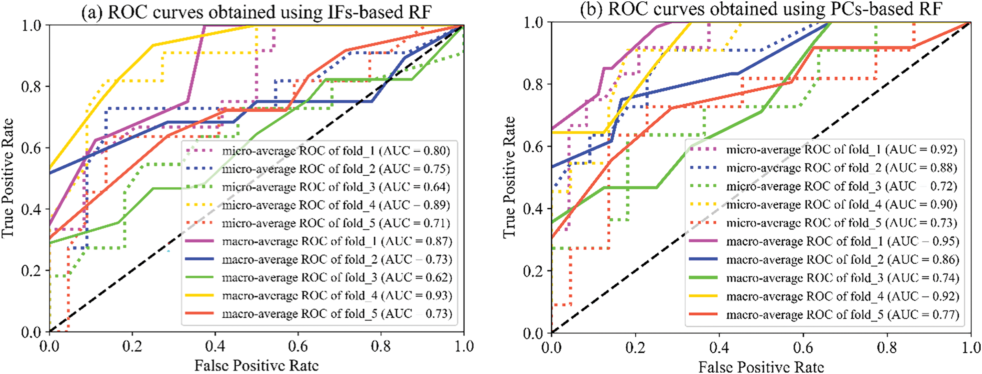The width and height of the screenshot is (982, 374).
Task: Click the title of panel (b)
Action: tap(760, 9)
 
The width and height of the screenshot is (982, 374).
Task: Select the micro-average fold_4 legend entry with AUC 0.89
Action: tap(336, 205)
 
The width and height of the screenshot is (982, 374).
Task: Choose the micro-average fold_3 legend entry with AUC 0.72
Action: tap(841, 186)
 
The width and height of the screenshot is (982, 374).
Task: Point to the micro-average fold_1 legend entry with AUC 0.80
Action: tap(336, 151)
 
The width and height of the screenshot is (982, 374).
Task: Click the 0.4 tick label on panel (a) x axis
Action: tap(215, 347)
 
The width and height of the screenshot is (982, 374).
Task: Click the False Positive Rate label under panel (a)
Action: tap(256, 366)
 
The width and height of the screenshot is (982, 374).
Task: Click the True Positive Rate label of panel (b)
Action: tap(509, 177)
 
